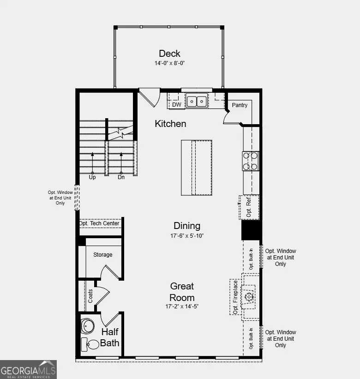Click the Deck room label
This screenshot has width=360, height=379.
(x=169, y=54)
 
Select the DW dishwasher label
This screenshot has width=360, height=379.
(x=177, y=105)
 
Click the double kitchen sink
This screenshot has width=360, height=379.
(x=197, y=101)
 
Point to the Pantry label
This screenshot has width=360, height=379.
(x=240, y=105)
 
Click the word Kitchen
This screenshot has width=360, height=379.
(x=170, y=124)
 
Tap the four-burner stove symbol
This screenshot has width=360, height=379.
(x=251, y=161)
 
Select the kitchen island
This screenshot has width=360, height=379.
(x=197, y=168)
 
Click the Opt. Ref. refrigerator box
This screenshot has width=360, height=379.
(x=249, y=207)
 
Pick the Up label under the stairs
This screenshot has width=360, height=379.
(x=92, y=177)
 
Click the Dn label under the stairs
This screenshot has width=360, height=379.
(x=121, y=177)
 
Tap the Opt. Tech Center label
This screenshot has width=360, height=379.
(x=99, y=223)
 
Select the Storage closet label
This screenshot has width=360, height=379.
(x=102, y=255)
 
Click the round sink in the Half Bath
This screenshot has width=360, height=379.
(x=88, y=325)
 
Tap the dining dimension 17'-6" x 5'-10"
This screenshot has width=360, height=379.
(x=187, y=235)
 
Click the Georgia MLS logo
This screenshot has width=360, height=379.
(x=28, y=370)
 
